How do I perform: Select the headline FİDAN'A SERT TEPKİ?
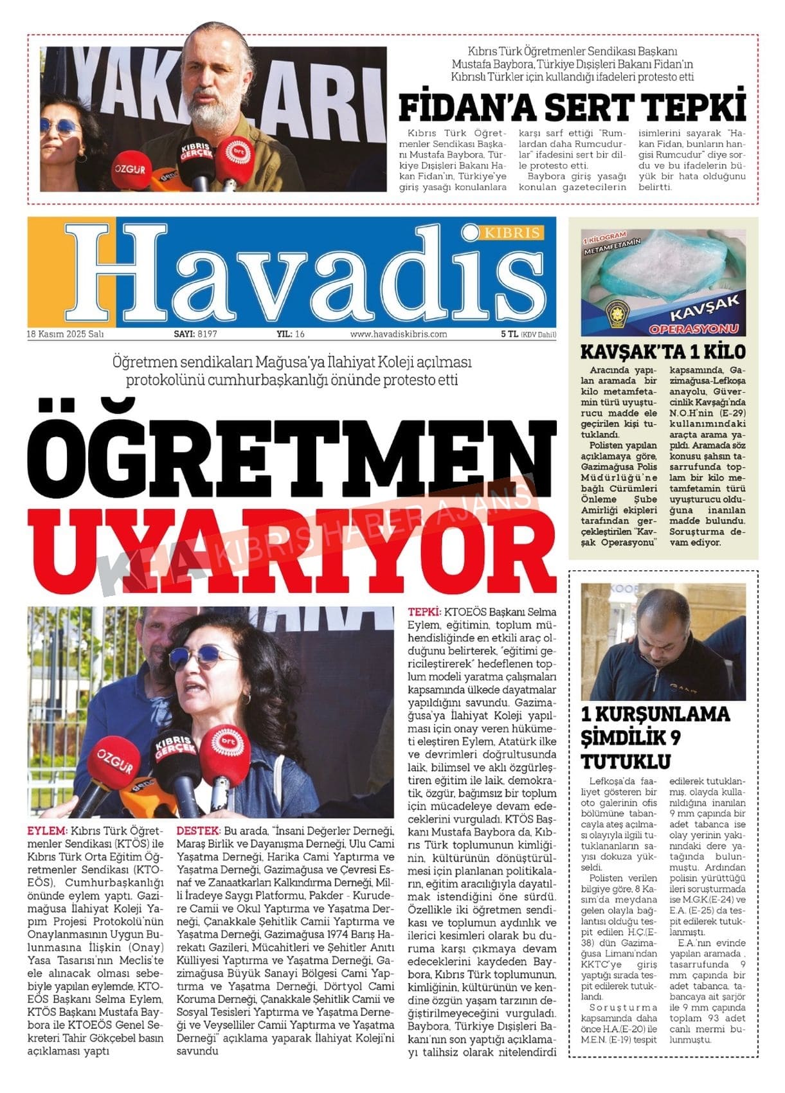coord(572,107)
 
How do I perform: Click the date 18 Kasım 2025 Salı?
coord(66,334)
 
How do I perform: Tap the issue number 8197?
coord(208,334)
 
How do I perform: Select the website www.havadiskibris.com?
coord(398,334)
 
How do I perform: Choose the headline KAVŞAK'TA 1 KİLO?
coord(663,352)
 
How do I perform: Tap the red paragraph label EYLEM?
coord(47,831)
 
